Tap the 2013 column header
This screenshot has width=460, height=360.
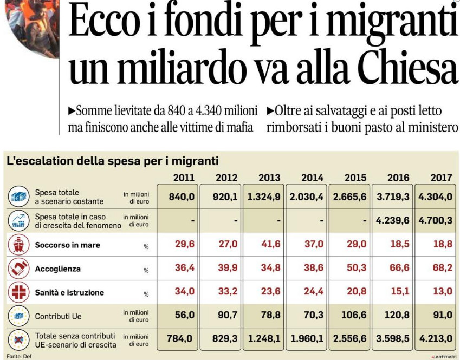(x=269, y=178)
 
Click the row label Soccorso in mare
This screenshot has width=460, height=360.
(x=67, y=245)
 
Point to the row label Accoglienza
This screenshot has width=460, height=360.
(x=57, y=269)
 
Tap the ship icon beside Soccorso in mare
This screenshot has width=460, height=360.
(x=18, y=245)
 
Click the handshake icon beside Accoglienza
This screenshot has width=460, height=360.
(x=18, y=269)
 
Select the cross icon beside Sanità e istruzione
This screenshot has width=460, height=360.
(x=18, y=292)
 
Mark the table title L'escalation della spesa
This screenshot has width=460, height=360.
(x=112, y=161)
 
